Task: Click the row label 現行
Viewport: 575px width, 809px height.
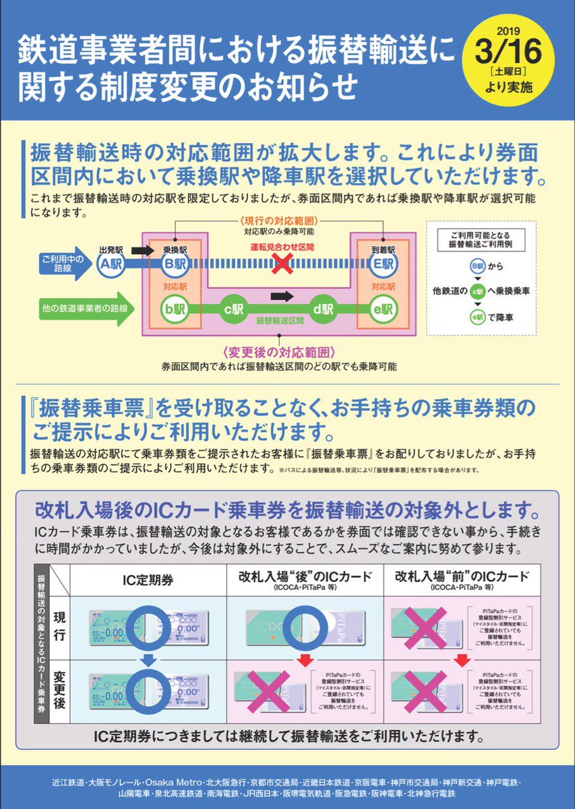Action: pyautogui.click(x=57, y=624)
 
